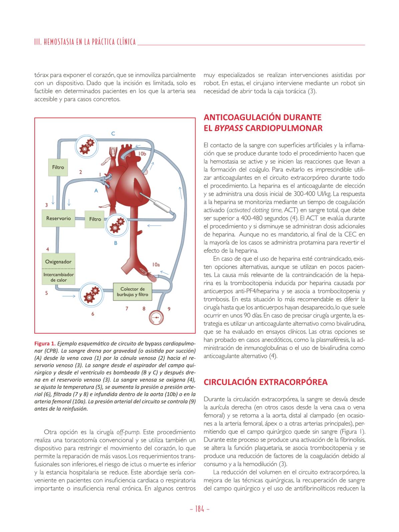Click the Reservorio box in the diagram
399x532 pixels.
point(58,218)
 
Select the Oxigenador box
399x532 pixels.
point(58,261)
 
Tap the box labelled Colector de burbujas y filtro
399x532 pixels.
point(132,292)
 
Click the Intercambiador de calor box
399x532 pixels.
point(58,277)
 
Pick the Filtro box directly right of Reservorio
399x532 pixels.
point(95,219)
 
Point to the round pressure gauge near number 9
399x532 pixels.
point(155,318)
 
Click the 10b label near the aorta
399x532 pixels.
point(142,154)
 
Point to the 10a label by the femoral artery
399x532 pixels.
point(156,264)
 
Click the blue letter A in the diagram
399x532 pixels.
point(96,191)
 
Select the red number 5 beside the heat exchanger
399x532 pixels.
point(47,293)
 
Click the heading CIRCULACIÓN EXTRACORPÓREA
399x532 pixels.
point(266,382)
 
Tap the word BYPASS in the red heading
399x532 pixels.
point(229,128)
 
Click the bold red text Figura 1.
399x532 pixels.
point(45,344)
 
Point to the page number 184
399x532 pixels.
point(199,509)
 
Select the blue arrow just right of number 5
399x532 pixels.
point(69,296)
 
